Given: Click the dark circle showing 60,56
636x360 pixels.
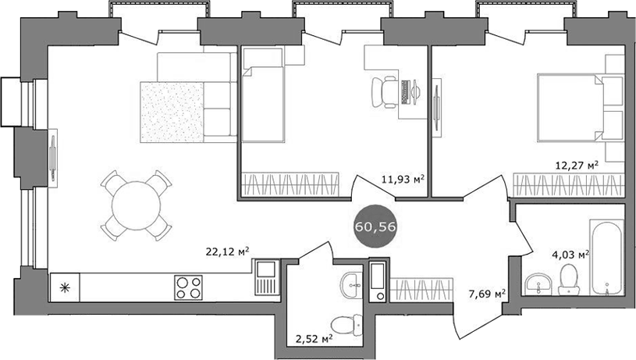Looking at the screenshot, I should point(372,226).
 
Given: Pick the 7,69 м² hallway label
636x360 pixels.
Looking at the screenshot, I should point(488,294).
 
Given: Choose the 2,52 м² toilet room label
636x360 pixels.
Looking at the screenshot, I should point(315,338).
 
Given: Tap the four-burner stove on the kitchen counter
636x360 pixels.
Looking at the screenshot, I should point(188,287).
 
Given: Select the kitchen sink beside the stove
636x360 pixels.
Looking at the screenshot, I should point(265,279).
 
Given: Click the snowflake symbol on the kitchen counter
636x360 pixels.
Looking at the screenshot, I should point(64,287).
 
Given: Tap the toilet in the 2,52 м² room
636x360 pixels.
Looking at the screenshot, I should point(344,323).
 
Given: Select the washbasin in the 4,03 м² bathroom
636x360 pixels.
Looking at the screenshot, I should point(537,283).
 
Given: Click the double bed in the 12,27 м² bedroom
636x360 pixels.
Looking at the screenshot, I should point(574,106).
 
